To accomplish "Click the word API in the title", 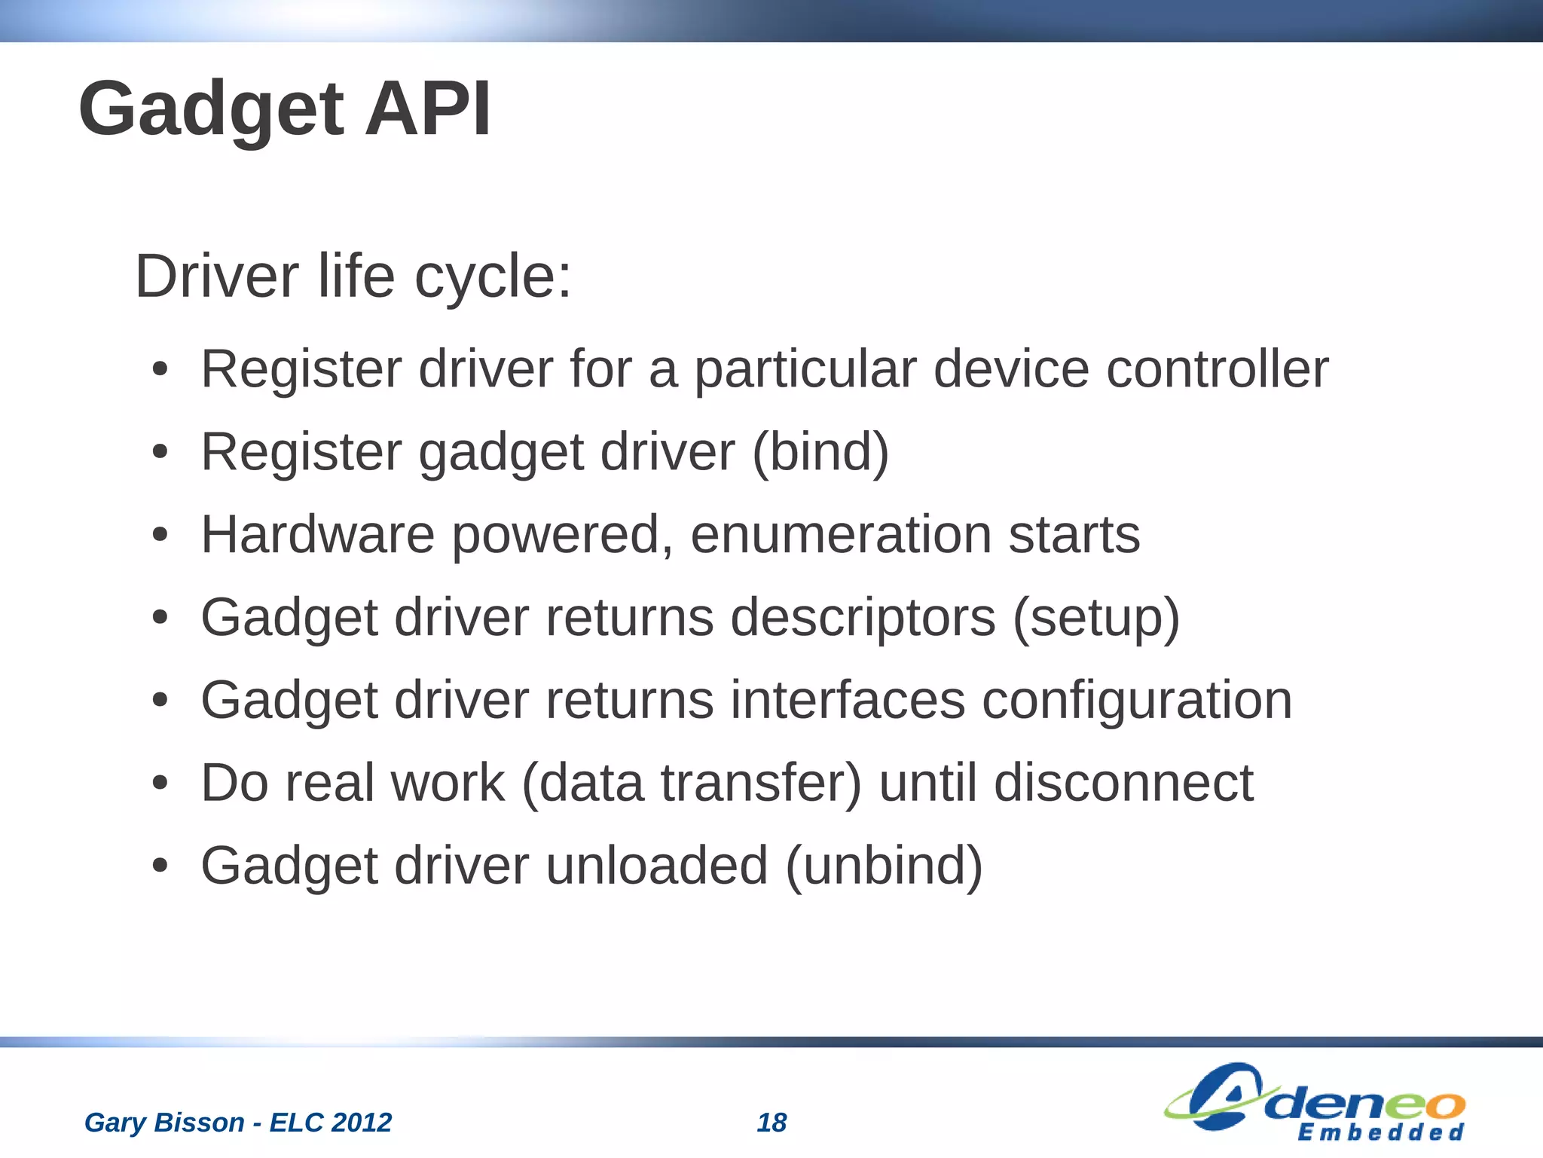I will click(x=427, y=109).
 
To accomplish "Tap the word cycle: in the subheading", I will click(x=493, y=277).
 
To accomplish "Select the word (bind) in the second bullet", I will click(x=820, y=452).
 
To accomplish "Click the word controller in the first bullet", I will click(x=1217, y=369).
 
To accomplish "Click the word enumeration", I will click(x=841, y=535).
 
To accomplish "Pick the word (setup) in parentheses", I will click(x=1096, y=618).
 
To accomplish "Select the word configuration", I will click(x=1137, y=701).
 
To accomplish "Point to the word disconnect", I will click(x=1123, y=783).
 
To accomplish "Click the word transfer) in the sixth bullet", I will click(x=761, y=783).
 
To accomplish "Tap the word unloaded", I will click(x=656, y=866).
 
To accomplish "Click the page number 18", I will click(x=771, y=1123).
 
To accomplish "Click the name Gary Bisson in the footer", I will click(x=164, y=1123).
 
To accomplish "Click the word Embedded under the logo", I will click(x=1380, y=1132).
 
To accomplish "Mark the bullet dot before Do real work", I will click(x=159, y=784).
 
